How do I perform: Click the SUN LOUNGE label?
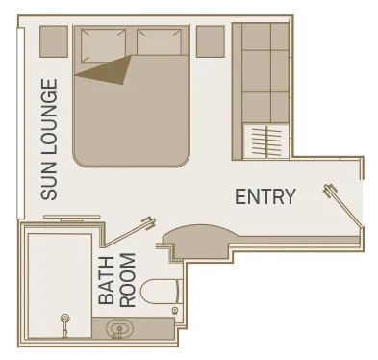click(49, 140)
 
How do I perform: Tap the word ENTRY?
click(265, 196)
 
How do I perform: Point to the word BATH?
click(107, 280)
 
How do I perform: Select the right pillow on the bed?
click(160, 42)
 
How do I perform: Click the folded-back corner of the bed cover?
click(109, 70)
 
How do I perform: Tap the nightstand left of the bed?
click(54, 41)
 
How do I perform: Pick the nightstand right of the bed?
click(210, 41)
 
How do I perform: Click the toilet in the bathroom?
click(159, 292)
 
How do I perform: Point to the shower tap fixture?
click(65, 325)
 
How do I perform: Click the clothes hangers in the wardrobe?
click(266, 141)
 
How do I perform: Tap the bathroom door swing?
click(128, 232)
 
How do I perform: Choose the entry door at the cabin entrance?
click(343, 204)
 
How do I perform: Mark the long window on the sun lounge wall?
click(20, 123)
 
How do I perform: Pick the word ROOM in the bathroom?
click(129, 280)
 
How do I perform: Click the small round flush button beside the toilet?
click(175, 310)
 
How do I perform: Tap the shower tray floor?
click(60, 286)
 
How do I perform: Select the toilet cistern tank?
click(180, 292)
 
